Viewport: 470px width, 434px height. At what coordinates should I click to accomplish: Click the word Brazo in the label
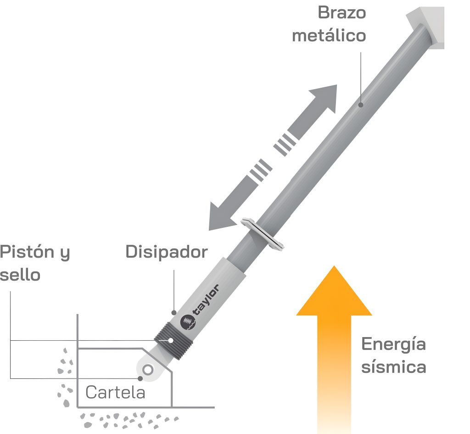341,13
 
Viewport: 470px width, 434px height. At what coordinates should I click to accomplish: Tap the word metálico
329,35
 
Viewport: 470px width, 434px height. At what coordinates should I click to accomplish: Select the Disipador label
167,252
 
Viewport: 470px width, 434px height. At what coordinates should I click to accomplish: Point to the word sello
20,275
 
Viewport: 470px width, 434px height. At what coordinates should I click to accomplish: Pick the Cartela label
115,392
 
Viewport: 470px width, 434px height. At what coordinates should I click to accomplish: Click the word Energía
393,344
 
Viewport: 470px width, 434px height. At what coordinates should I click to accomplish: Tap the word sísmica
393,366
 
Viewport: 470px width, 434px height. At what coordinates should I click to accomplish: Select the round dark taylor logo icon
188,322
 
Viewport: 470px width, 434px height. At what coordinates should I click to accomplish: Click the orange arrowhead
334,290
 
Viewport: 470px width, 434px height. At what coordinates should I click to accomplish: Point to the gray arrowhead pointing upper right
323,97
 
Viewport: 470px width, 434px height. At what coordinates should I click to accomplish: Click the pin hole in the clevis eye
148,370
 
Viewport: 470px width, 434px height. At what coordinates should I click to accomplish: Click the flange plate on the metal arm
262,234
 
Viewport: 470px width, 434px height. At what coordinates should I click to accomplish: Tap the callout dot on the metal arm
361,105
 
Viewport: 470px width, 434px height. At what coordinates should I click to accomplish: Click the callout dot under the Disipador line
174,313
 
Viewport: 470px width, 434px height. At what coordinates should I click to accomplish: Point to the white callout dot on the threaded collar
171,340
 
